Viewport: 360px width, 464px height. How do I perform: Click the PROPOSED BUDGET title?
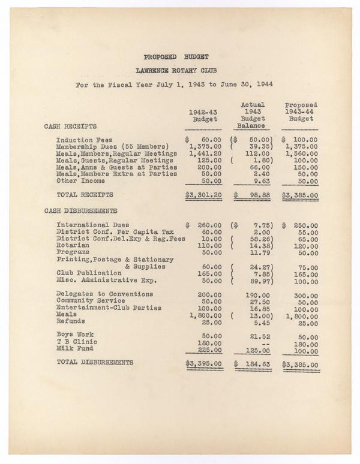tap(176, 57)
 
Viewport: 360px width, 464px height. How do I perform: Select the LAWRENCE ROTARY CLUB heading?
tap(176, 70)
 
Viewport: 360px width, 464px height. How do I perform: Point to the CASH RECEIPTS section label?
tap(70, 126)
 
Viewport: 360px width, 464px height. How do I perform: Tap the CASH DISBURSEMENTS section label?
tap(80, 211)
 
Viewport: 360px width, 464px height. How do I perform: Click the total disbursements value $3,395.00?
tap(204, 363)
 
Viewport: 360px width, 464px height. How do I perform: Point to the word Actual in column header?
tap(253, 105)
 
